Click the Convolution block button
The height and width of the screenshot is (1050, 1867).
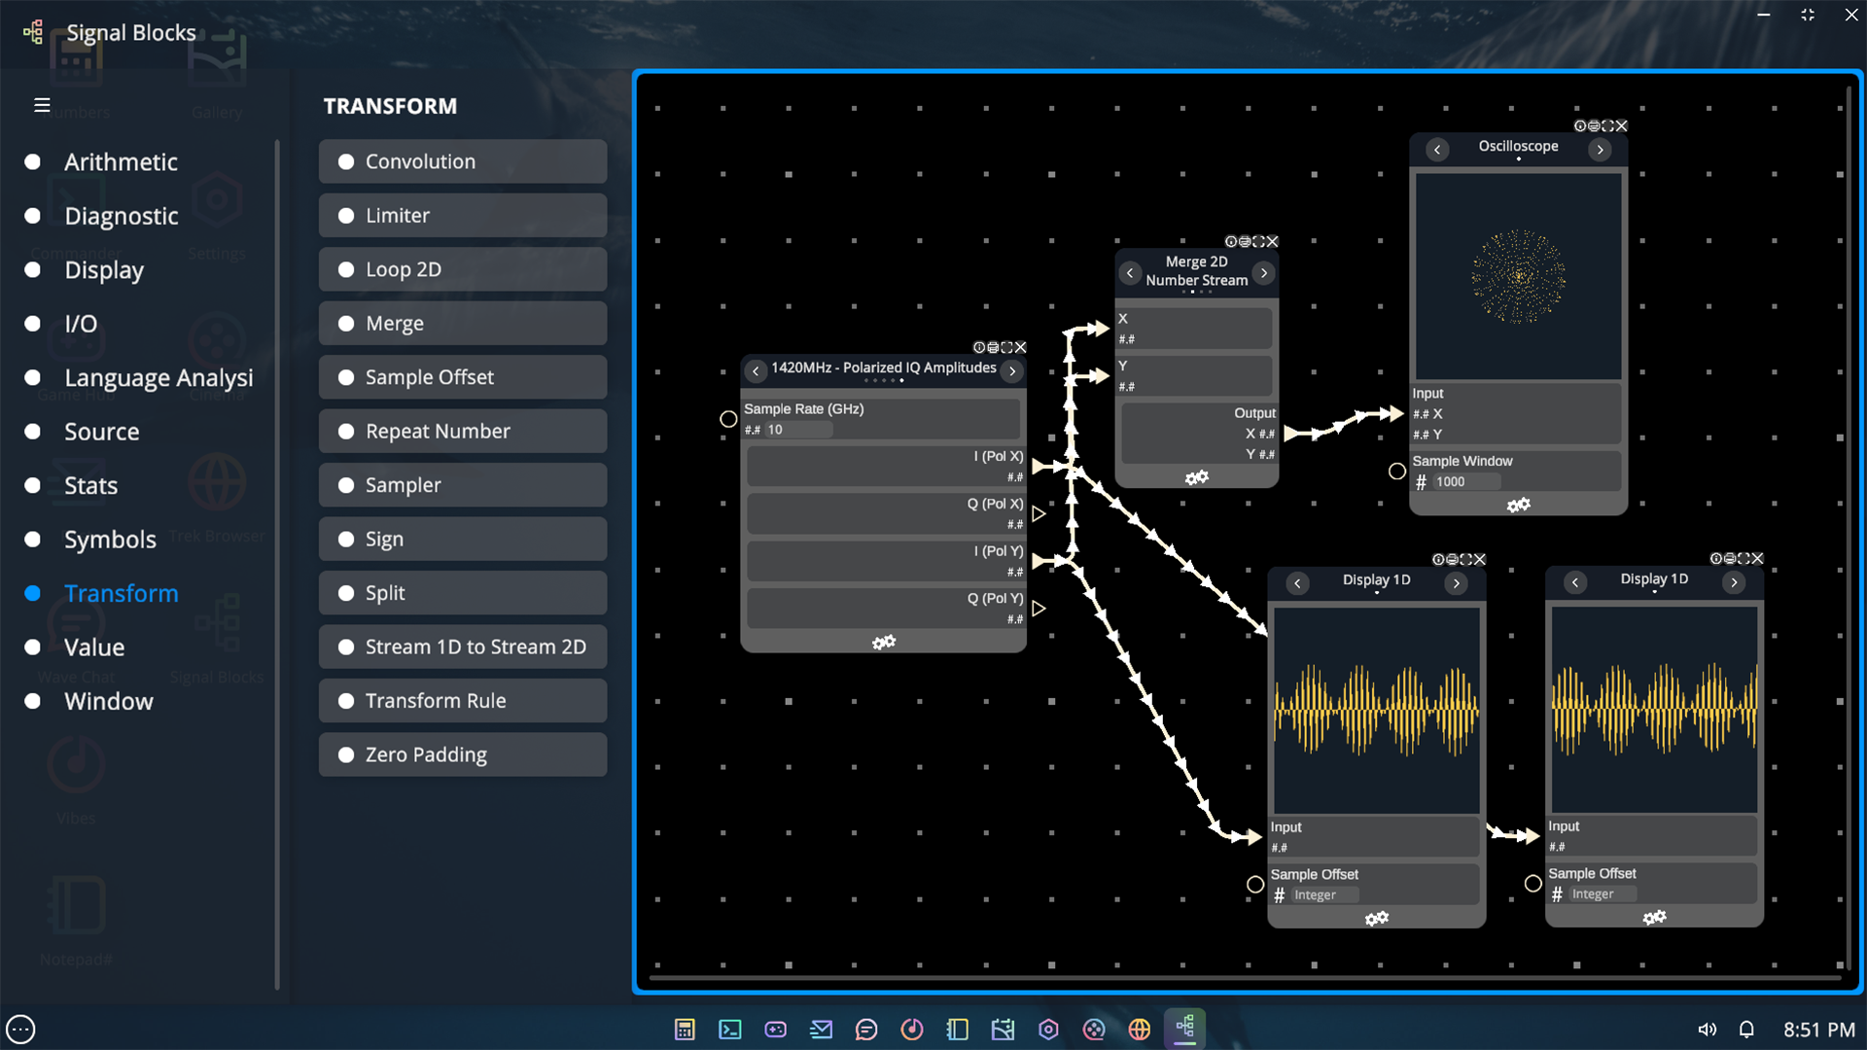[x=462, y=161]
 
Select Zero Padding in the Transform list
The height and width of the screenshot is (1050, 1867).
[x=462, y=754]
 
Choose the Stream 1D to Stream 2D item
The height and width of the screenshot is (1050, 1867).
[x=462, y=647]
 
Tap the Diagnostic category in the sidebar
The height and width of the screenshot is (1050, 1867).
[x=121, y=216]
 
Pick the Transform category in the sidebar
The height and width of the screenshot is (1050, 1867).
[x=121, y=593]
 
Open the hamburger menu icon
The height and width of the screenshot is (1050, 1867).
[x=42, y=105]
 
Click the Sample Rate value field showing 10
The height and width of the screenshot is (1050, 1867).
[x=797, y=430]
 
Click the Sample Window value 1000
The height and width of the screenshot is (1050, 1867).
[x=1464, y=482]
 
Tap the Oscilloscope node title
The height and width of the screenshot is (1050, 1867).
[x=1518, y=146]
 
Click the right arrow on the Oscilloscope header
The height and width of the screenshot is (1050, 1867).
[x=1600, y=150]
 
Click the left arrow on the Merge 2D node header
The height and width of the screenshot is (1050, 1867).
[x=1130, y=273]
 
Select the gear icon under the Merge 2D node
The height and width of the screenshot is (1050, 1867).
[x=1196, y=477]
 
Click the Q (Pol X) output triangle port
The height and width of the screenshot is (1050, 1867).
[x=1039, y=513]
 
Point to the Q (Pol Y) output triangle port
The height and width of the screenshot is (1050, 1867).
[x=1039, y=609]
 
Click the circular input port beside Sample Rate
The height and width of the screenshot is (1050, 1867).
[x=728, y=419]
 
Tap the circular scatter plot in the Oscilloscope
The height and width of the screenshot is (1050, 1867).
[x=1518, y=276]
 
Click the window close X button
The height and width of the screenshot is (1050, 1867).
[x=1851, y=15]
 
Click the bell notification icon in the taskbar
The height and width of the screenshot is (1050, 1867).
[x=1746, y=1030]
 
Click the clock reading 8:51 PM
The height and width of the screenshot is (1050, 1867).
[x=1818, y=1030]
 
